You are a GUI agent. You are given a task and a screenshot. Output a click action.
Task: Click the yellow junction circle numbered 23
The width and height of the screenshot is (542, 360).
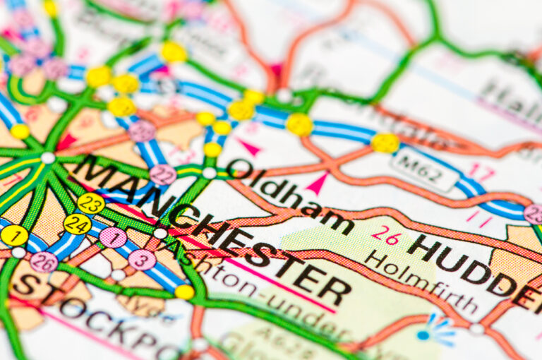[91, 203]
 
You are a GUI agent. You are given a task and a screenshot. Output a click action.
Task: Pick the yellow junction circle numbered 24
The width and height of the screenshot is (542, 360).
[77, 224]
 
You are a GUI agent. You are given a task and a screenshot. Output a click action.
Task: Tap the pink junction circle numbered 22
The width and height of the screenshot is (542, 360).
[163, 175]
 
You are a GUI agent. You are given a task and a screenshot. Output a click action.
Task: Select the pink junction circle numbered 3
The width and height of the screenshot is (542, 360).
[142, 259]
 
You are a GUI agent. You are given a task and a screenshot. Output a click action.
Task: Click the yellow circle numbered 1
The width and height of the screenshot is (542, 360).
[14, 235]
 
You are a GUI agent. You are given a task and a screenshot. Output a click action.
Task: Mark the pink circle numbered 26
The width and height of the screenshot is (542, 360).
[44, 262]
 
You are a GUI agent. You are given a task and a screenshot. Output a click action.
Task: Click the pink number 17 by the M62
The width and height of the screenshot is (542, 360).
[483, 172]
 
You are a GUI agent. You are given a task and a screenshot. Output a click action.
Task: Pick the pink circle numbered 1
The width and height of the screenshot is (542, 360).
[113, 237]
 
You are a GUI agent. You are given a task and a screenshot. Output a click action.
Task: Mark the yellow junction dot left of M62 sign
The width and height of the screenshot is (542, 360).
[385, 143]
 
